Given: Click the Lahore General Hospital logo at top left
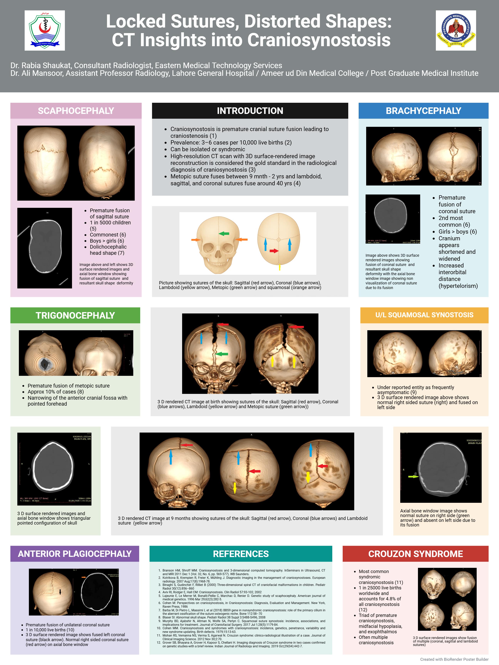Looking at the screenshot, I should pos(44,30).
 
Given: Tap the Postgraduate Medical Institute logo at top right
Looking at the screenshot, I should pos(456,30).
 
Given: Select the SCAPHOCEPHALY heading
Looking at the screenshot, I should pos(76,111).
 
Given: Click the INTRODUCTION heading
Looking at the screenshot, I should pos(250,111).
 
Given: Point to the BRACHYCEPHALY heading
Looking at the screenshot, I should pos(423,111).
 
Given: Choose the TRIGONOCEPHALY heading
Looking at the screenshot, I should pos(75,315).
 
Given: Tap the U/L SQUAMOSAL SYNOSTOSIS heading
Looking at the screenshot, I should pos(424,315).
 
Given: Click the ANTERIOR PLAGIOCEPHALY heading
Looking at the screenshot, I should pos(75,554).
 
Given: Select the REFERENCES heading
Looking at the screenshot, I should pos(241,554).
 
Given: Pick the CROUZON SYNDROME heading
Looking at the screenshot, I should pos(415,554).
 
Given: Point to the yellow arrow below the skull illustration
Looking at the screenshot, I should pos(279,267).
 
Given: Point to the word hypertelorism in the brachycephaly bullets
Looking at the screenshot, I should pos(458,286).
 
